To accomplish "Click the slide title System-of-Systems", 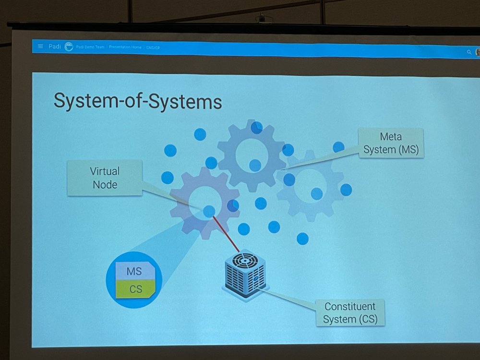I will pos(137,101).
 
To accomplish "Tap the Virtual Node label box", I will pos(105,178).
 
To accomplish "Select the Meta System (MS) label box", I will pos(391,143).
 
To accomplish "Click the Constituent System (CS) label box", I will pos(350,312).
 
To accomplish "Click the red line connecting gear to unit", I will pos(225,232).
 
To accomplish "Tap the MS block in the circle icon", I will pos(134,271).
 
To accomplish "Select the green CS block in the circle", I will pos(136,289).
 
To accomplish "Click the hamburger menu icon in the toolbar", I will pos(40,47).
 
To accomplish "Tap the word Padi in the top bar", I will pos(54,47).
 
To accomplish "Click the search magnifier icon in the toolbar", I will pos(469,52).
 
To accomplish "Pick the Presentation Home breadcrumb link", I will pos(125,47).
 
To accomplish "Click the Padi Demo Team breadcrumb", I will pos(90,47).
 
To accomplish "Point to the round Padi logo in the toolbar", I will pos(69,47).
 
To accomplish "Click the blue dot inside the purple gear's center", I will pos(209,211).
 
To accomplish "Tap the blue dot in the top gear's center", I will pos(255,165).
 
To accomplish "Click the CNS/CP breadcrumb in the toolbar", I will pos(153,48).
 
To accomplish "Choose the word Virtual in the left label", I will pos(105,171).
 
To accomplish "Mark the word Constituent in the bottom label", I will pos(350,306).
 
